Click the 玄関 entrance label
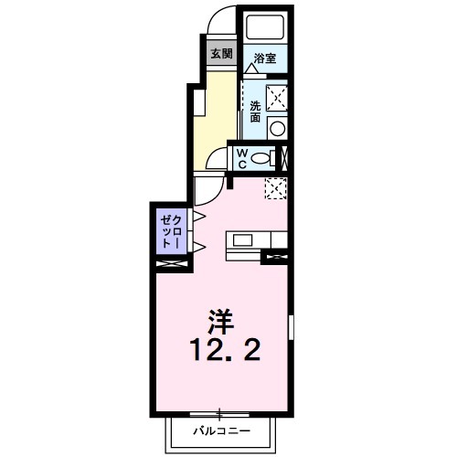pos(220,53)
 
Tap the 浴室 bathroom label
pos(266,57)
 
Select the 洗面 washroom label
pos(255,111)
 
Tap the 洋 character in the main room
pos(219,321)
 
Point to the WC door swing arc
pos(216,161)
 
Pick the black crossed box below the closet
pos(172,264)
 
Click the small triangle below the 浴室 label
pos(250,68)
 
